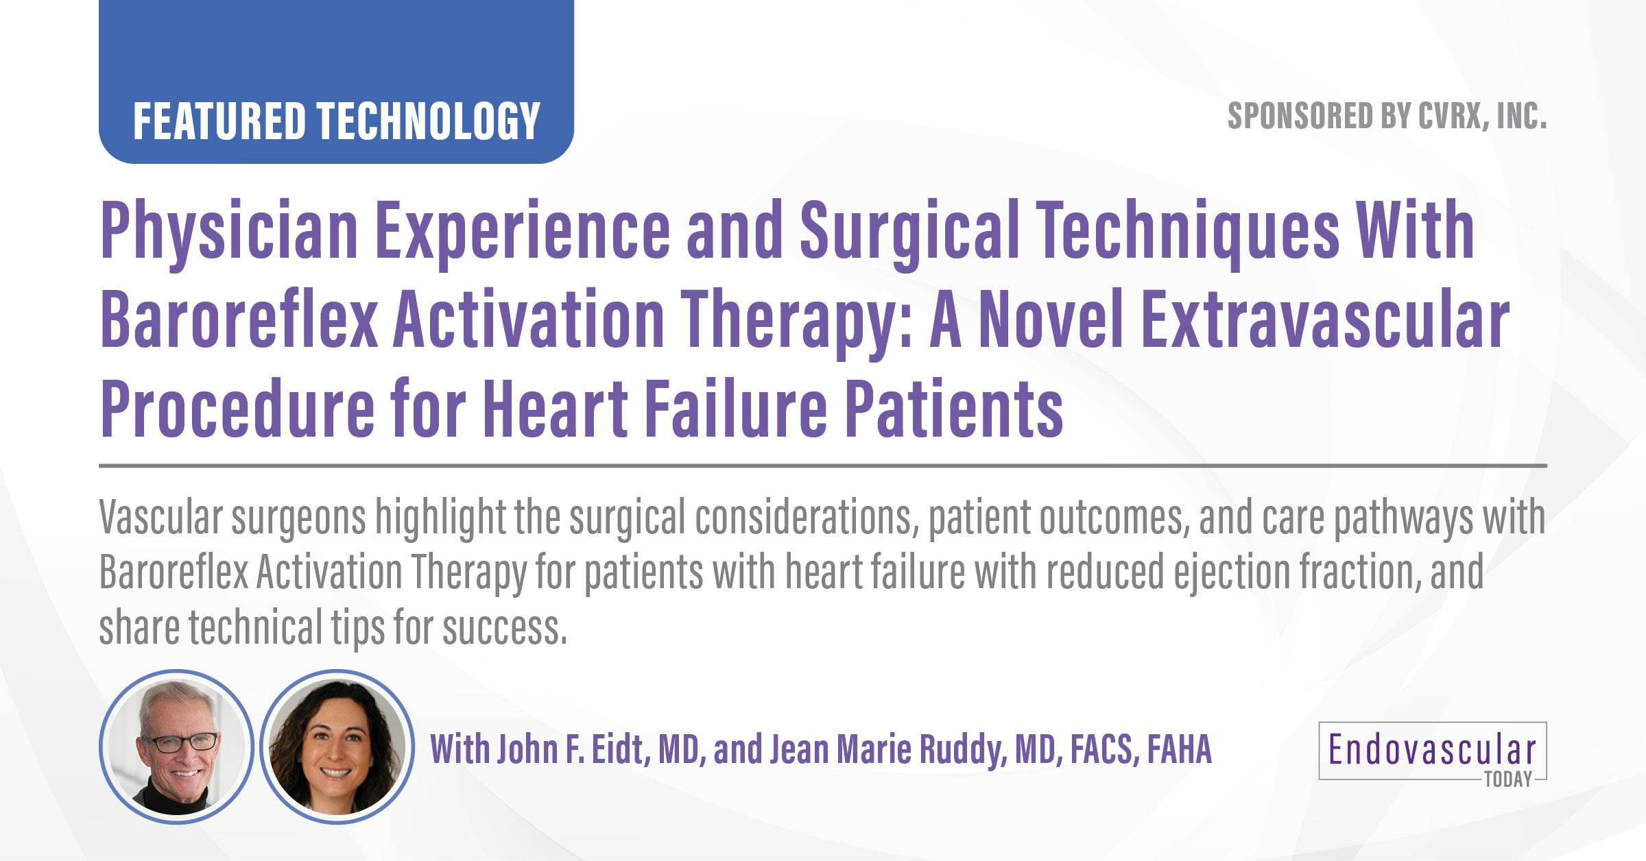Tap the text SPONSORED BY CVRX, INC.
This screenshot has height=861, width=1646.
click(x=1387, y=117)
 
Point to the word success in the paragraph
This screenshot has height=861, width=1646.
click(x=504, y=628)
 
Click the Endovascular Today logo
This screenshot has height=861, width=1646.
click(x=1432, y=751)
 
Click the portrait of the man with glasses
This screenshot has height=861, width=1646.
click(x=177, y=747)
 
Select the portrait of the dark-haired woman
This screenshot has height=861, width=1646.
click(x=337, y=747)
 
